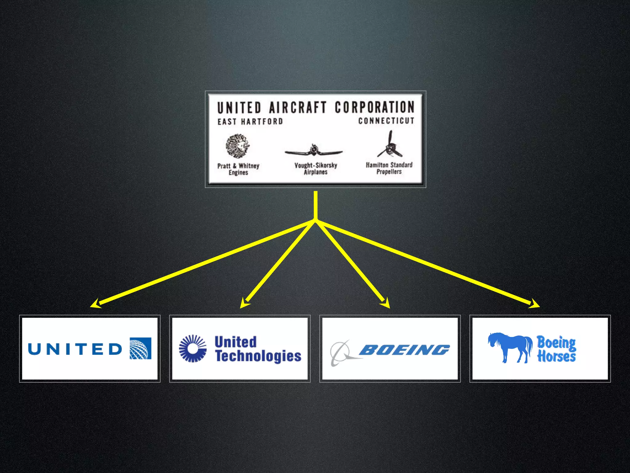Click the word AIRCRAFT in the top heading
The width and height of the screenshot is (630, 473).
coord(297,107)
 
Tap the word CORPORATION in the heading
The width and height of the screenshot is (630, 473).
coord(374,107)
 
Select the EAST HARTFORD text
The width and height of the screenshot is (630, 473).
coord(250,121)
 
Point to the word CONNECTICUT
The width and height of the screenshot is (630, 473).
coord(386,120)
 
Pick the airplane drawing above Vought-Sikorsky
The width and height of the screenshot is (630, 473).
coord(313,151)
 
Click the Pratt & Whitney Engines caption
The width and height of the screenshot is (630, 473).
coord(238,169)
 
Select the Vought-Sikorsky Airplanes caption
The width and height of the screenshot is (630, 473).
coord(316,168)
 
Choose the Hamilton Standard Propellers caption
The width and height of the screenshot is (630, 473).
coord(389,168)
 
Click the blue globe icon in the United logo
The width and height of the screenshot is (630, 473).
coord(140,348)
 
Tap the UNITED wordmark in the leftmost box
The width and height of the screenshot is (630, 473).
coord(75,349)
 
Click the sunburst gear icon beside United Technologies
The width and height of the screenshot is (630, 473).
coord(193,348)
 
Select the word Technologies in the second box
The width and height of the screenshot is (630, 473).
coord(258,356)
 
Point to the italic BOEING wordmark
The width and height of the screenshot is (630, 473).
coord(404,350)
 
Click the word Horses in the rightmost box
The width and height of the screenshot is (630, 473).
coord(556,356)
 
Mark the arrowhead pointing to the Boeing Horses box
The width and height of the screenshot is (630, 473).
coord(534,304)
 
